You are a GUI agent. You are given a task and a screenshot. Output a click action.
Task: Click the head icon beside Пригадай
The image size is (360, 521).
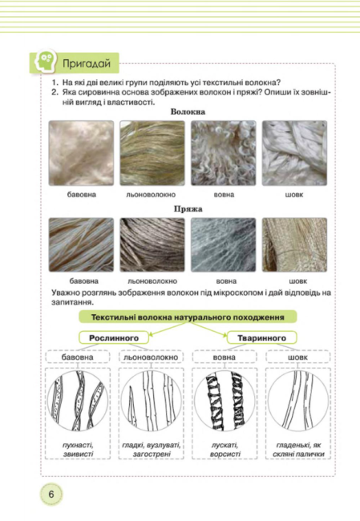click(x=43, y=61)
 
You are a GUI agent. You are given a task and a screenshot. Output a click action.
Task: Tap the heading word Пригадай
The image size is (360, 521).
click(x=87, y=63)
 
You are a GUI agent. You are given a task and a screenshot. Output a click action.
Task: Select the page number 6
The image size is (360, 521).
click(x=51, y=494)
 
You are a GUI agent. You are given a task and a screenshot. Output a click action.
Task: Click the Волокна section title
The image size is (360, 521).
click(x=188, y=111)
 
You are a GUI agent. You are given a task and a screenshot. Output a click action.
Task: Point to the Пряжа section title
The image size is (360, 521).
click(x=188, y=209)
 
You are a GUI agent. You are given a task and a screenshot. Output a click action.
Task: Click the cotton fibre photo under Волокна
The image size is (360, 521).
click(x=81, y=153)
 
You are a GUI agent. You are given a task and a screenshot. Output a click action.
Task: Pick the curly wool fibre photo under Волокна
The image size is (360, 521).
click(x=224, y=153)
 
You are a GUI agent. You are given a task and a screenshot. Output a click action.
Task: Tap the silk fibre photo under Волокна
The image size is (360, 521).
click(x=294, y=153)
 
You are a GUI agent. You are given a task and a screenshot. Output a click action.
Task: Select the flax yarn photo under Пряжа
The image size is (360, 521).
click(x=152, y=245)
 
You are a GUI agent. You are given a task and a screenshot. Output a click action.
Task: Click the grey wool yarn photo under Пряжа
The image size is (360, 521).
click(x=224, y=245)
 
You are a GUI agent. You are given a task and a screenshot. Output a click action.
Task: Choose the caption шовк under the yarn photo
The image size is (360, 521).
click(x=297, y=281)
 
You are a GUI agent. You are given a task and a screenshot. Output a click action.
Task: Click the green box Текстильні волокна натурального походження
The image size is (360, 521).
click(x=188, y=317)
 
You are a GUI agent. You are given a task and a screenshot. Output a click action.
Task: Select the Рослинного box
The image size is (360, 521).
click(x=114, y=338)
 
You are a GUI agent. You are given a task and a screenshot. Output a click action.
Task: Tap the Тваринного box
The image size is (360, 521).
click(x=261, y=338)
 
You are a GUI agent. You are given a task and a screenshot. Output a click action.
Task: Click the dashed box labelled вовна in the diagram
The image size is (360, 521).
click(x=224, y=357)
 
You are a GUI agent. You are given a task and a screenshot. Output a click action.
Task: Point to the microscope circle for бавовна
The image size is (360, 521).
click(x=78, y=401)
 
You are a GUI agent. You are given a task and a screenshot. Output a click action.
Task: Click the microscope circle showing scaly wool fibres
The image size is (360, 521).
click(x=224, y=401)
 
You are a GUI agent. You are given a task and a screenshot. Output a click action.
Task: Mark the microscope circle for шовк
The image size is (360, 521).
click(x=298, y=401)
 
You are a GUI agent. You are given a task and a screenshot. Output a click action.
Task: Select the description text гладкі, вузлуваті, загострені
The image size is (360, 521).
click(x=152, y=449)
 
